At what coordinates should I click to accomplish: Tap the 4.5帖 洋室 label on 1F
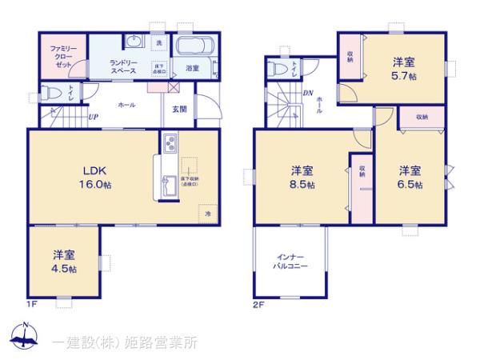[64, 262]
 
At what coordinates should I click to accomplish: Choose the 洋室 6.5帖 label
[410, 177]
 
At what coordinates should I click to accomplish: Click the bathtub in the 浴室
[192, 47]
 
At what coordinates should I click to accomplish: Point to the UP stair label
[93, 117]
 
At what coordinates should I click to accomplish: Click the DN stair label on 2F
[308, 93]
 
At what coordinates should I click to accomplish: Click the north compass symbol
[25, 337]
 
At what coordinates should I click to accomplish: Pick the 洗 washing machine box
[158, 42]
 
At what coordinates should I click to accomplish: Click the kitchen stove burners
[170, 144]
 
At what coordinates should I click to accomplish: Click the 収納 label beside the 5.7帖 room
[350, 55]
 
